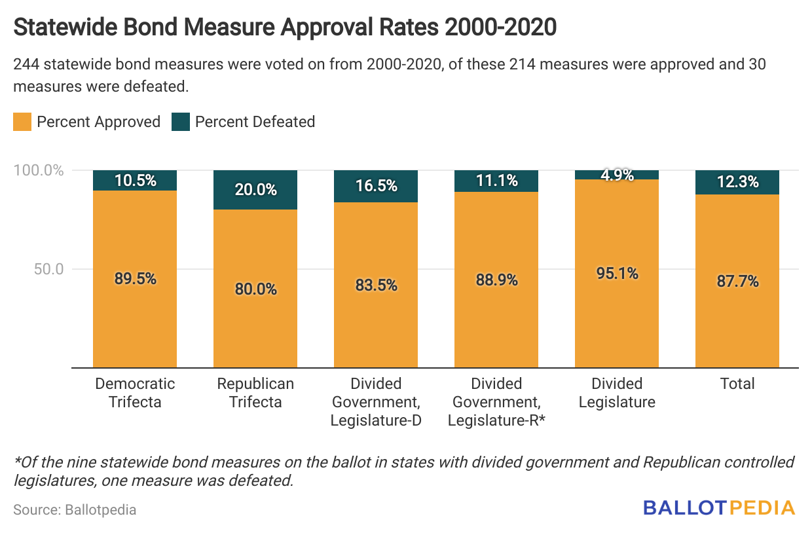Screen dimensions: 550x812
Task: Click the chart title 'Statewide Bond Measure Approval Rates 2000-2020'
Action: coord(285,27)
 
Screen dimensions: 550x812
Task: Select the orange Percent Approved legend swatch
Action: coord(22,122)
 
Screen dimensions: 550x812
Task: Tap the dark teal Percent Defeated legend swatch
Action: coord(181,122)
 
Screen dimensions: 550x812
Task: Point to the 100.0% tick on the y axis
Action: coord(39,171)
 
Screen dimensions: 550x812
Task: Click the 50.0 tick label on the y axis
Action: coord(48,269)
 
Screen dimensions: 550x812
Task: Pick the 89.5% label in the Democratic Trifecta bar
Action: coord(135,278)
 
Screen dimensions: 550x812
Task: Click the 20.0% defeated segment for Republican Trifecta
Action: coord(255,190)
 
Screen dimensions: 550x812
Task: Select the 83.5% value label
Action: coord(376,285)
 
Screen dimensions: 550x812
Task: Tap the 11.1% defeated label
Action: coord(496,181)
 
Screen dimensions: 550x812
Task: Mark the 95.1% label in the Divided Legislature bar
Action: coord(617,273)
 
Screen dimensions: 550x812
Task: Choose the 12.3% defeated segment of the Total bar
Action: coord(737,182)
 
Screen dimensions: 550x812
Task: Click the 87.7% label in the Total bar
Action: coord(737,282)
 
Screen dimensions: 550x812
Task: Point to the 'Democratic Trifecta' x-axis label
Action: coord(135,392)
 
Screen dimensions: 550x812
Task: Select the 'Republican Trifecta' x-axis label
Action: coord(255,392)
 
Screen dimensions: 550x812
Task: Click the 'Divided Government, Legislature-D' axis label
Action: coord(376,401)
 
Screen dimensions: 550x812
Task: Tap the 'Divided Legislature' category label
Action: coord(617,392)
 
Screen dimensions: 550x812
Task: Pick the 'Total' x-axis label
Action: coord(737,384)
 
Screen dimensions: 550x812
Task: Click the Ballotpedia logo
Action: coord(719,507)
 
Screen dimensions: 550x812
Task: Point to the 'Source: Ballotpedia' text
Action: coord(75,509)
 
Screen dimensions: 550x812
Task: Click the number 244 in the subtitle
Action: coord(27,65)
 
